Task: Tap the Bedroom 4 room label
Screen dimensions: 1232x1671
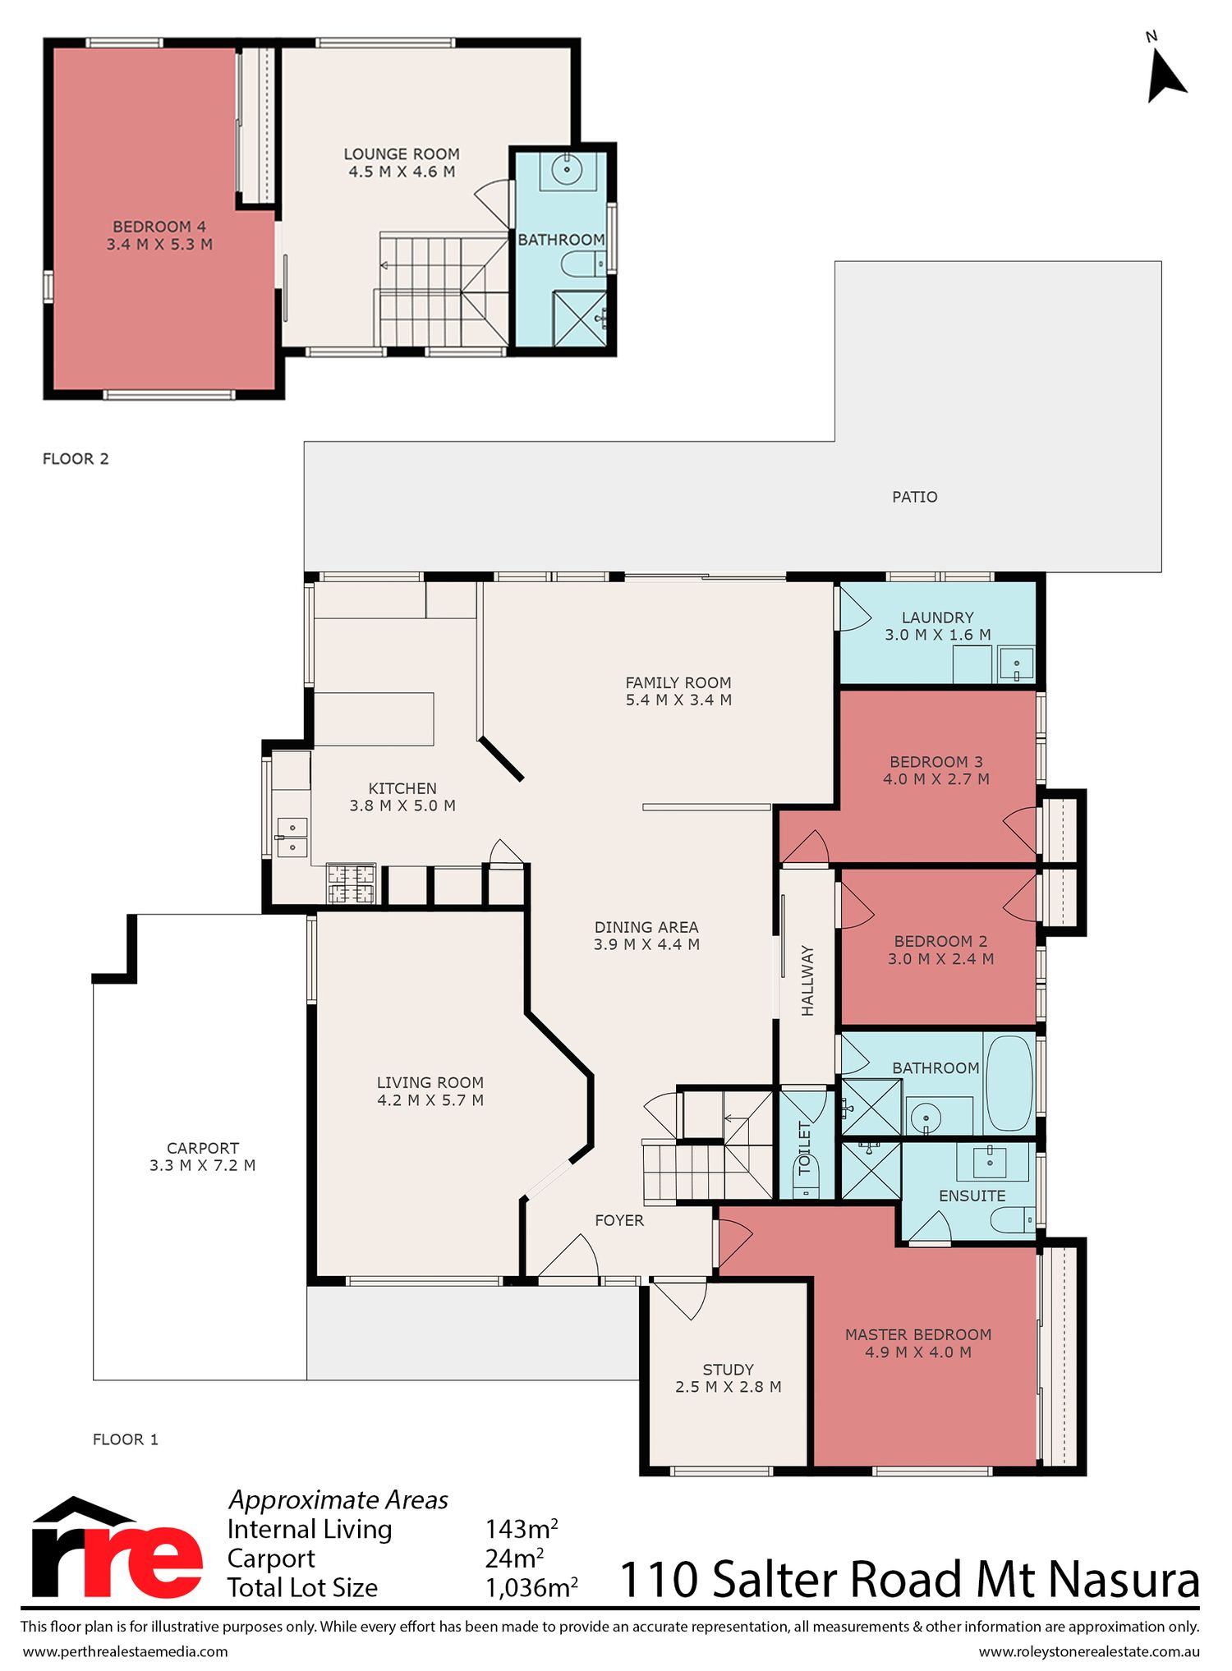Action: coord(159,227)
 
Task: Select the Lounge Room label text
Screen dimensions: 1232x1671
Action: coord(402,154)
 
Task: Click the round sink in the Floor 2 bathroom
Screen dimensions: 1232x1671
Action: coord(567,170)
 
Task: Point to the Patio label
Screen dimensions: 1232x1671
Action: coord(915,497)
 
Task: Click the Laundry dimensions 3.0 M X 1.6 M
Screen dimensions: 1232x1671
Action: coord(938,635)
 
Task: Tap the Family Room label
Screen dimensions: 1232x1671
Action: coord(678,682)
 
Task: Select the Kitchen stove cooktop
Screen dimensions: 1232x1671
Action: coord(352,884)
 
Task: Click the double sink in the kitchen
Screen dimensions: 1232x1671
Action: coord(292,837)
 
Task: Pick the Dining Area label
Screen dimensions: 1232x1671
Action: coord(646,927)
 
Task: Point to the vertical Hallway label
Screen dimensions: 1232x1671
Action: coord(807,980)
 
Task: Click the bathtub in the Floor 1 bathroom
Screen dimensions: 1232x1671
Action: coord(1009,1083)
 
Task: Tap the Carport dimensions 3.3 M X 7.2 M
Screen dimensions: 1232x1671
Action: coord(203,1165)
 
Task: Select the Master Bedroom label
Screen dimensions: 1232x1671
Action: coord(918,1334)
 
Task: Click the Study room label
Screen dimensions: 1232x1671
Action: coord(728,1370)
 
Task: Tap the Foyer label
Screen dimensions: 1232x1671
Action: coord(619,1220)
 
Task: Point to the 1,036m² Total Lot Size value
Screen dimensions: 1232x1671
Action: coord(531,1587)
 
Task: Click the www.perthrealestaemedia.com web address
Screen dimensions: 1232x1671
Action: coord(125,1651)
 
